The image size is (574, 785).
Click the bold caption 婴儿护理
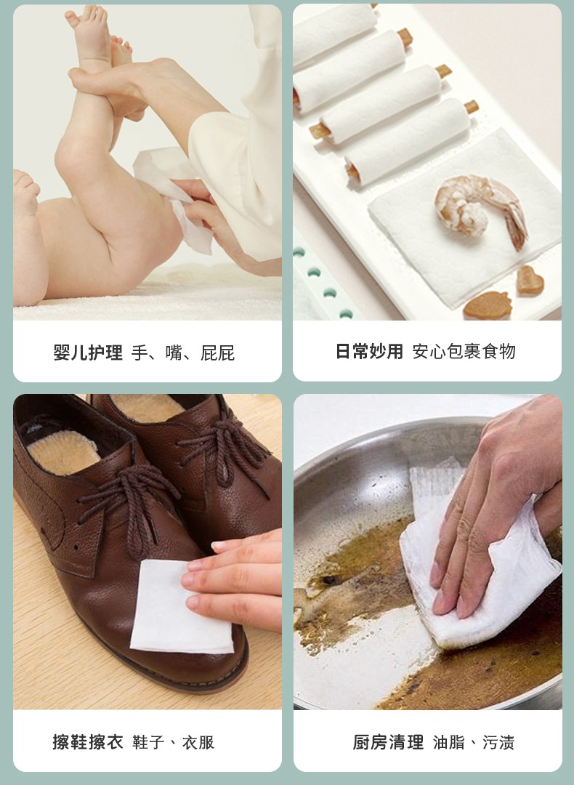pyautogui.click(x=88, y=353)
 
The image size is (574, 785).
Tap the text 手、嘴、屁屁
pyautogui.click(x=183, y=353)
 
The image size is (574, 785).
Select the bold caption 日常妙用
pyautogui.click(x=369, y=352)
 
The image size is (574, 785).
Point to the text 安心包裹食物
pyautogui.click(x=464, y=352)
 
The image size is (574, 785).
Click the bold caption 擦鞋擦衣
pyautogui.click(x=88, y=742)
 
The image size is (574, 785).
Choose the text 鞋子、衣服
pyautogui.click(x=173, y=742)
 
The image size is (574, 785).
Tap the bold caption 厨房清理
pyautogui.click(x=388, y=742)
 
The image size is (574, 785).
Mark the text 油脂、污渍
pyautogui.click(x=474, y=742)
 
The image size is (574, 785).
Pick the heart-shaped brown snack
pyautogui.click(x=530, y=281)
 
